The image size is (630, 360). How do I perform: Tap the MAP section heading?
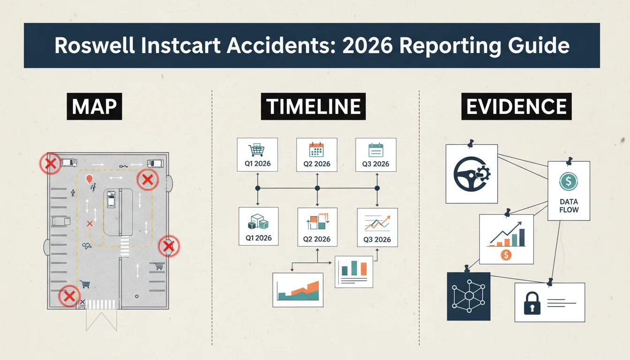[94, 106]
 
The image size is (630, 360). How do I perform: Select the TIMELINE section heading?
[313, 106]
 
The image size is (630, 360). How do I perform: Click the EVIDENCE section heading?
[517, 106]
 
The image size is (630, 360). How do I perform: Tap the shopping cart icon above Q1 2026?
[256, 150]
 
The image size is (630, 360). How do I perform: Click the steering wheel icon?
[472, 174]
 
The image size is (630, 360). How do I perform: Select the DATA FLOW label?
[569, 206]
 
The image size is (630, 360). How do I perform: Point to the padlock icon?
[532, 303]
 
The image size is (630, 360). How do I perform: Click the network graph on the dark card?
[469, 296]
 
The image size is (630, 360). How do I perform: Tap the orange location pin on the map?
[89, 179]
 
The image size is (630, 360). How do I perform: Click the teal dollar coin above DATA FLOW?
[569, 181]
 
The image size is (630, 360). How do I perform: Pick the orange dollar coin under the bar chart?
[506, 255]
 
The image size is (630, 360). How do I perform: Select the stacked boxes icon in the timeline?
[258, 222]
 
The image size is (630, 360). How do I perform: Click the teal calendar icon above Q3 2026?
[376, 150]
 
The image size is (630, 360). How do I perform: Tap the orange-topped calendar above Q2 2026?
[316, 150]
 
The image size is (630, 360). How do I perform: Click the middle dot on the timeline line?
[317, 188]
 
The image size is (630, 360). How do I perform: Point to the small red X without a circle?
[90, 224]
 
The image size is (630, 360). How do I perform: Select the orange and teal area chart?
[298, 291]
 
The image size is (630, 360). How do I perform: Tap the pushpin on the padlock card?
[550, 282]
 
